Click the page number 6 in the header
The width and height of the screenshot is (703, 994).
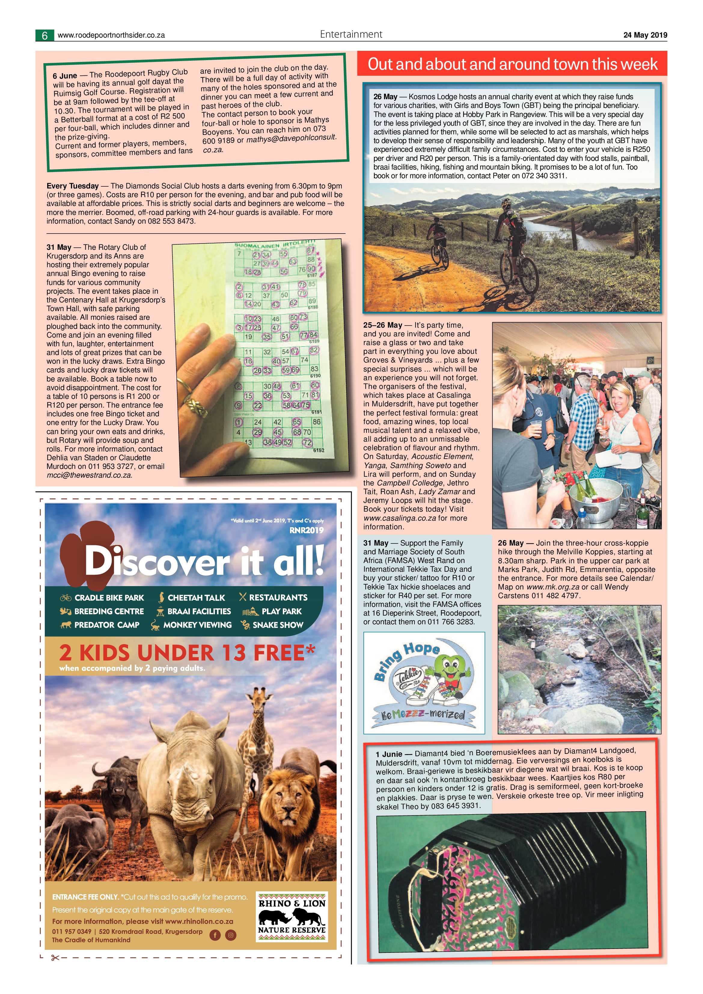tap(44, 35)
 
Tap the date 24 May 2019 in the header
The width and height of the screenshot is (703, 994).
tap(645, 35)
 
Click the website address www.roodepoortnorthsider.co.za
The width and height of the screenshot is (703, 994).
tap(111, 35)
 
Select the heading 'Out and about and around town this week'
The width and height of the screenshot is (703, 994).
tap(512, 64)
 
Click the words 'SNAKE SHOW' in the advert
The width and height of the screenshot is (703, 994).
tap(277, 625)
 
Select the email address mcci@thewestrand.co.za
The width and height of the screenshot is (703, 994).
tap(89, 475)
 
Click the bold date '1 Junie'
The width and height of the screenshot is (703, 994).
tap(389, 754)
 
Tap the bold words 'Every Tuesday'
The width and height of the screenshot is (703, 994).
tap(72, 186)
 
